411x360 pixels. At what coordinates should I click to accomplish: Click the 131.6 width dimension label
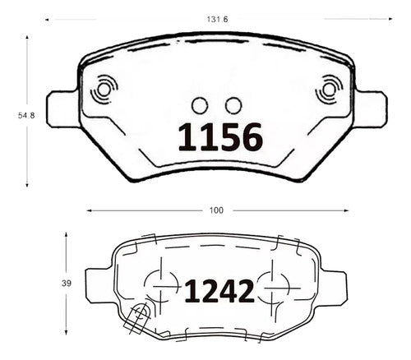(217, 20)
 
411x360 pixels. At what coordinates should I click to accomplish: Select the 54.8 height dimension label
(26, 116)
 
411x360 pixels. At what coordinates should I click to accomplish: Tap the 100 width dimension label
(216, 210)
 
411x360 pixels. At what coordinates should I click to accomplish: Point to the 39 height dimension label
(67, 284)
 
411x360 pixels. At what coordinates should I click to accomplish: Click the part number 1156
(220, 137)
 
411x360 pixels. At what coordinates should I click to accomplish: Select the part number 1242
(219, 291)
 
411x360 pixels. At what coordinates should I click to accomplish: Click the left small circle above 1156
(200, 105)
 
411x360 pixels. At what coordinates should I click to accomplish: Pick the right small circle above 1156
(233, 105)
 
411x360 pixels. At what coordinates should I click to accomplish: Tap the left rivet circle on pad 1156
(104, 90)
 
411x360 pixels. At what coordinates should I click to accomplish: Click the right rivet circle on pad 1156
(329, 90)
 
